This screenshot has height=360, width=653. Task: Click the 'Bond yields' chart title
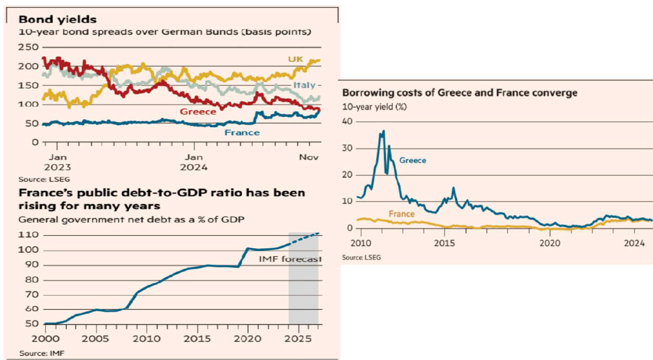point(57,20)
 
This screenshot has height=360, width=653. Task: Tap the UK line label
point(295,59)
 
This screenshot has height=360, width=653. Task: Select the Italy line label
point(304,85)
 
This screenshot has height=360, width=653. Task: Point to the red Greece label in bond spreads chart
point(198,111)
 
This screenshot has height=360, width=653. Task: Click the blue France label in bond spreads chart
point(242,133)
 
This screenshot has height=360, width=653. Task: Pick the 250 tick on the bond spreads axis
point(28,47)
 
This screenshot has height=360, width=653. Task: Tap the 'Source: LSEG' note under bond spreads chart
point(37,179)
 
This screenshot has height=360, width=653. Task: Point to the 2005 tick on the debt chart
point(95,338)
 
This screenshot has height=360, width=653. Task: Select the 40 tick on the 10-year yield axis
point(349,121)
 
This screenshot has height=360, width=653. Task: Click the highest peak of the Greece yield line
point(384,130)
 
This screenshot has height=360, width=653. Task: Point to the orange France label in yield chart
point(401,214)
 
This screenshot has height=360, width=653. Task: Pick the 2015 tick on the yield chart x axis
point(444,243)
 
